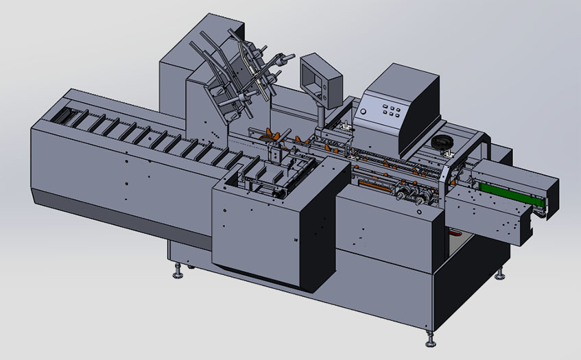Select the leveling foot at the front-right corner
[x=430, y=340]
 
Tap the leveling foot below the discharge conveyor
[x=500, y=275]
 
